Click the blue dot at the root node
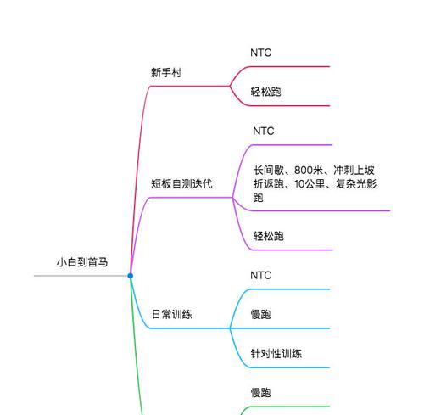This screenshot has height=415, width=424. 131,276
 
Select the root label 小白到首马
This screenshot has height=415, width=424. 82,262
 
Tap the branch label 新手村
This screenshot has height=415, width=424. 166,73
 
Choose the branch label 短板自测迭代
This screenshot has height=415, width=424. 181,184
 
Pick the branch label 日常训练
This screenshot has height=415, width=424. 171,314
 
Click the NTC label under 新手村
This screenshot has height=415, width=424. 261,53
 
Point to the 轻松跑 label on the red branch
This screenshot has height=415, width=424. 265,92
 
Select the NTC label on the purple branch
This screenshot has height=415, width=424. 264,131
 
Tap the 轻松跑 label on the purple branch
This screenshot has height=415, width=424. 268,236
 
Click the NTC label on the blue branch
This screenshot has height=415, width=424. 261,275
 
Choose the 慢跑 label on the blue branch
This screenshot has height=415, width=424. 260,314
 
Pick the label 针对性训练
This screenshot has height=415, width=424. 276,354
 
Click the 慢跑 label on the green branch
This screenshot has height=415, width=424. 260,393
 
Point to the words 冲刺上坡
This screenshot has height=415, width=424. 354,171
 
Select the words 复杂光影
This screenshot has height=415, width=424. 356,184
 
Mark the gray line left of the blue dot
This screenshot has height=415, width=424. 81,276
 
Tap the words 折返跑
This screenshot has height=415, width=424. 269,184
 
